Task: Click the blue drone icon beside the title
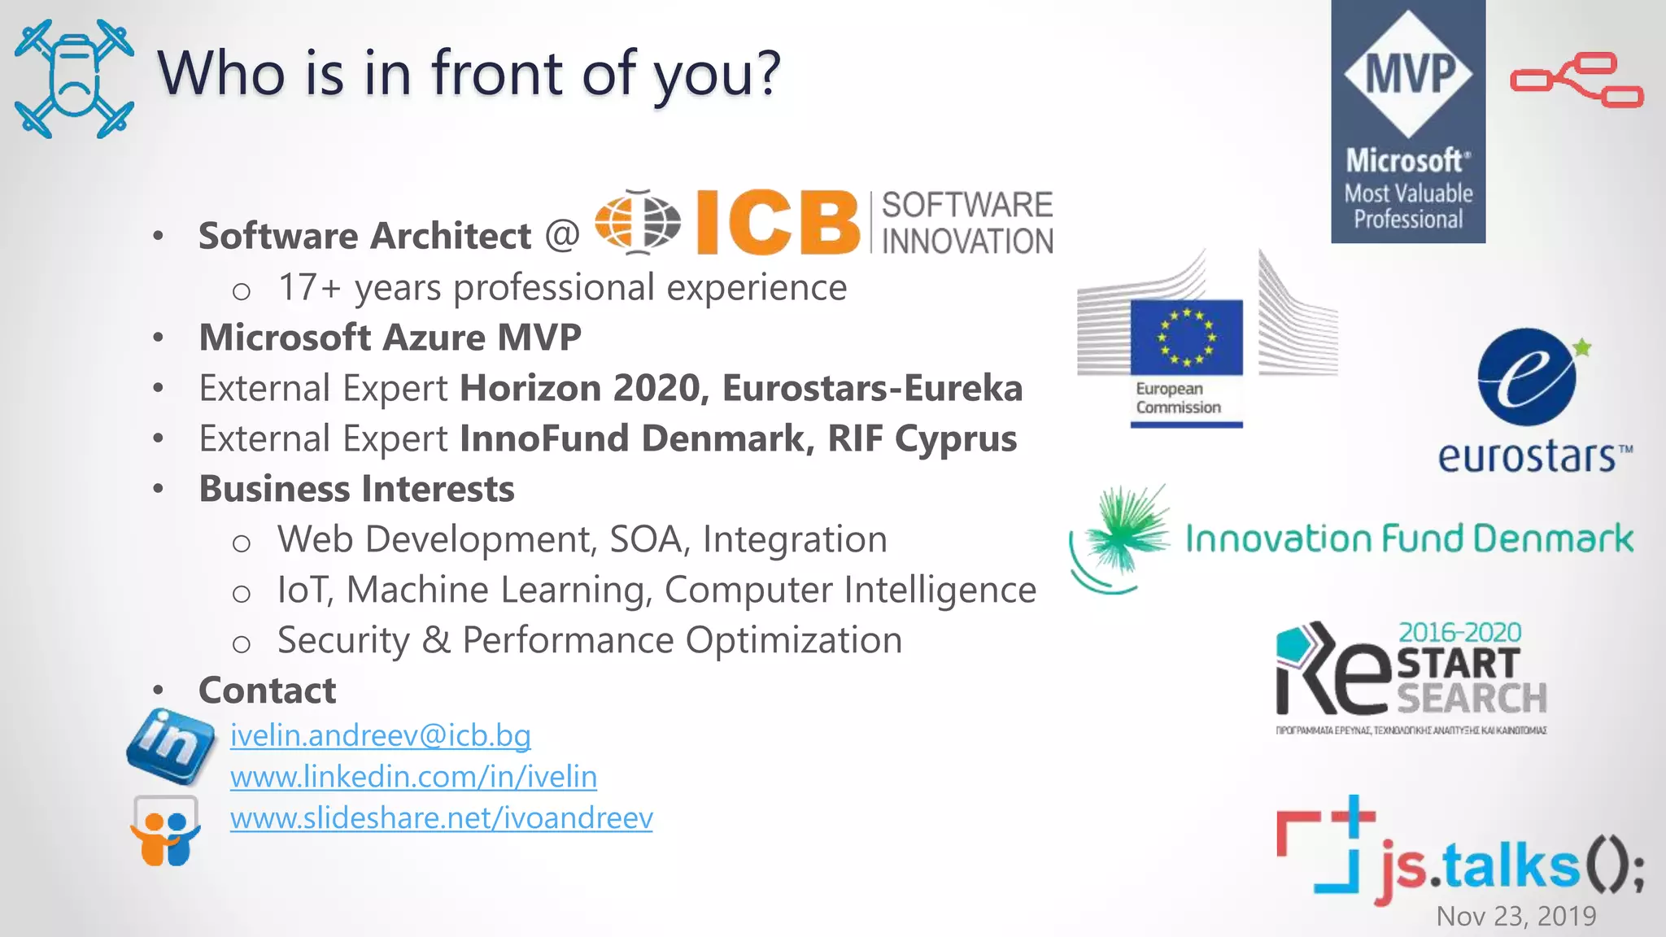tap(74, 79)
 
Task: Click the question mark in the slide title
tap(765, 73)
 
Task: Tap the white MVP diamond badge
tap(1408, 73)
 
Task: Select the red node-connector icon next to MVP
tap(1577, 80)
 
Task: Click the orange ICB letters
tap(777, 222)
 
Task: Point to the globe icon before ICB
tap(638, 221)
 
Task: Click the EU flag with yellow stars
tap(1186, 337)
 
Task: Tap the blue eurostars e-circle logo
tap(1526, 377)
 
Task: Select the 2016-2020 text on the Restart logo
tap(1459, 632)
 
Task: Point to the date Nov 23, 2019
tap(1516, 917)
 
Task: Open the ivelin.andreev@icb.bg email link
tap(380, 735)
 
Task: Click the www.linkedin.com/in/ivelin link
tap(413, 777)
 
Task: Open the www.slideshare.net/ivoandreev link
tap(441, 818)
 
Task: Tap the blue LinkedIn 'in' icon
tap(171, 745)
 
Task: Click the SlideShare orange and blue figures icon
tap(165, 833)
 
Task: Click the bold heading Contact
tap(267, 691)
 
